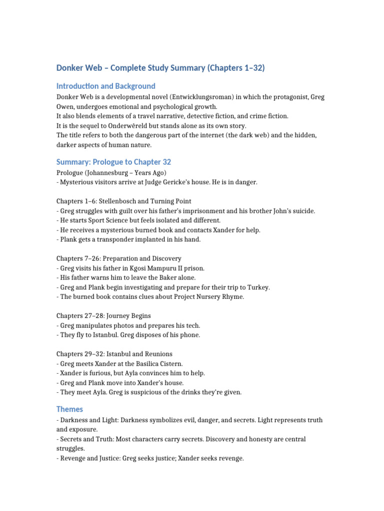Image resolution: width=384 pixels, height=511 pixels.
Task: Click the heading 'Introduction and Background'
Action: click(105, 86)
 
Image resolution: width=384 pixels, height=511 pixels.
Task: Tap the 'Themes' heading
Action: click(69, 409)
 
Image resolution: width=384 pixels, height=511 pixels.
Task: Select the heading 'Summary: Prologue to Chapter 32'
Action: click(113, 162)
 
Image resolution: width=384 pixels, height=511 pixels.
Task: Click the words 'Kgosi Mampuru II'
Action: click(153, 268)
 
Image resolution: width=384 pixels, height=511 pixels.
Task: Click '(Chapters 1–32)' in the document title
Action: click(235, 67)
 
